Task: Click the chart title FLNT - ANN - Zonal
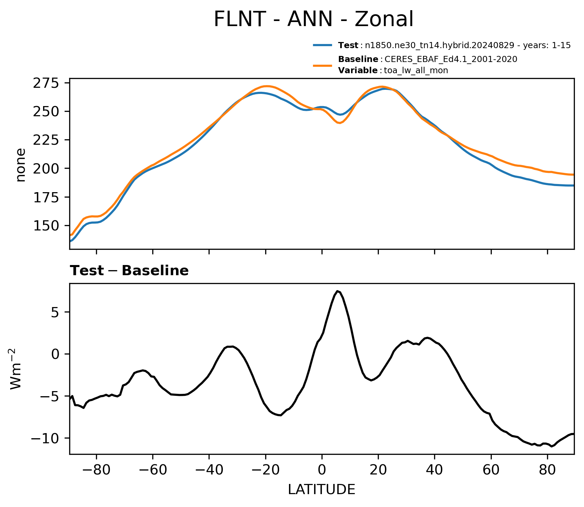tap(314, 19)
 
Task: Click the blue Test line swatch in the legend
tap(323, 45)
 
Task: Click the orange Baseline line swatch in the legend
tap(323, 65)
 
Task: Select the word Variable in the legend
tap(358, 70)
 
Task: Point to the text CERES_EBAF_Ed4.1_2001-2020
tap(451, 59)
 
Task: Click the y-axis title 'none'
tap(21, 165)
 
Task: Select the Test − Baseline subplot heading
tap(129, 271)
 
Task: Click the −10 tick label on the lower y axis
tap(45, 439)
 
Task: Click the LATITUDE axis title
tap(322, 490)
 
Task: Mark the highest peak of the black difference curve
tap(337, 291)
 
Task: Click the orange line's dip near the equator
tap(340, 123)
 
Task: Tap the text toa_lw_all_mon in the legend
tap(416, 70)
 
